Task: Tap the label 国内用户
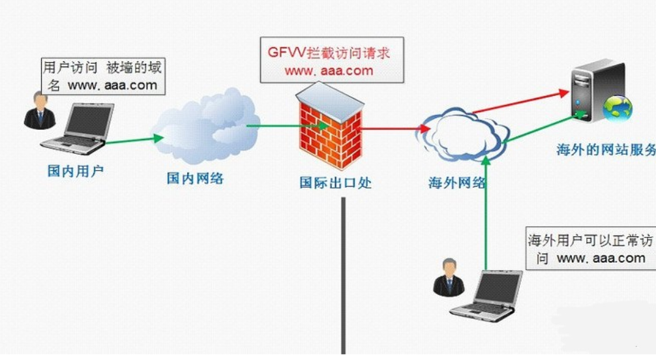click(76, 172)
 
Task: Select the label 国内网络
click(195, 177)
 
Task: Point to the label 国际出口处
click(335, 183)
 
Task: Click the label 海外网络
click(456, 183)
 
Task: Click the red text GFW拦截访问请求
click(329, 53)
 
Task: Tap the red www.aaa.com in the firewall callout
click(329, 70)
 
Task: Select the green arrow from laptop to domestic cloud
click(134, 139)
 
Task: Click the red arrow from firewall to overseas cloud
click(391, 128)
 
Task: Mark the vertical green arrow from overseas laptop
click(486, 215)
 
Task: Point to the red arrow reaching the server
click(522, 102)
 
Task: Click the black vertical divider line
click(342, 274)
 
